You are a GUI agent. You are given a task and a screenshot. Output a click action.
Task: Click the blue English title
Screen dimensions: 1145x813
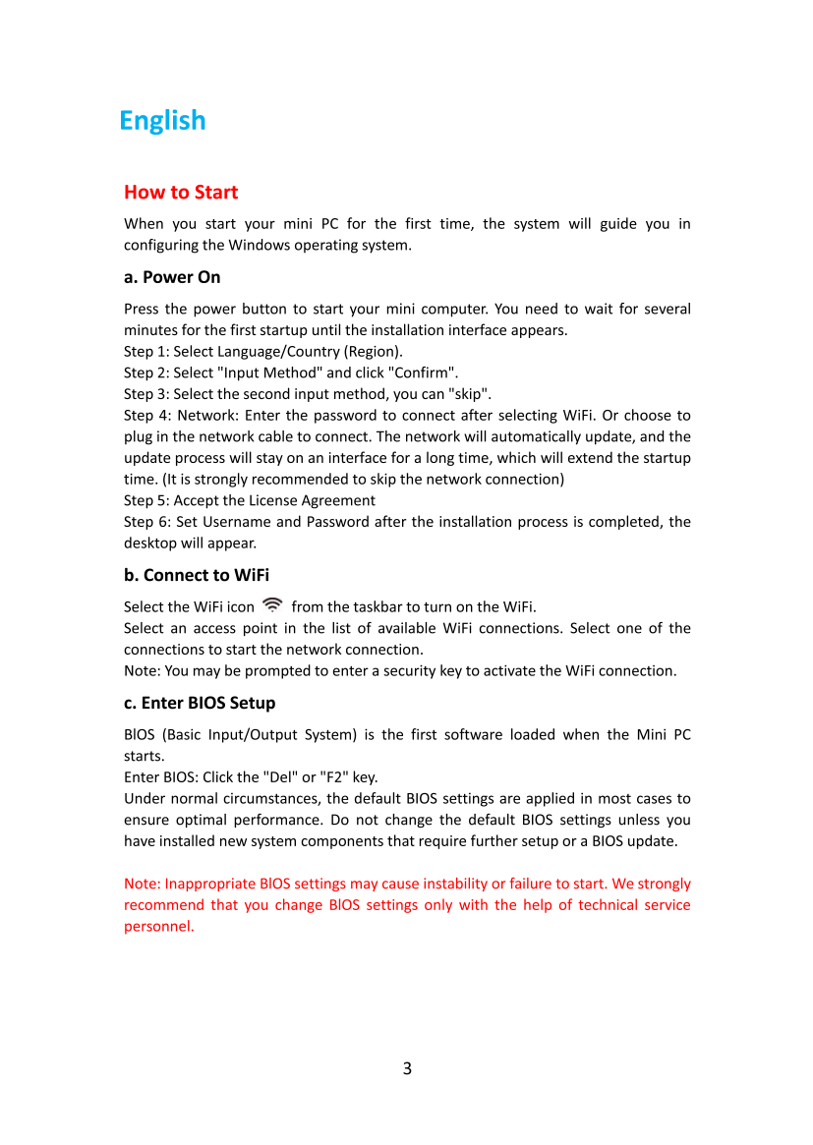[162, 121]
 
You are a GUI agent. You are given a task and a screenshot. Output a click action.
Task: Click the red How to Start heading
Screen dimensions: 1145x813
[181, 192]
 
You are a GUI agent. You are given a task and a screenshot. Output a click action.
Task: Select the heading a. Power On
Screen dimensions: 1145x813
[172, 277]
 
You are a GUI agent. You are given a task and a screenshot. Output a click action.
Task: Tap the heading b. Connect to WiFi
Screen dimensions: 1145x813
[197, 575]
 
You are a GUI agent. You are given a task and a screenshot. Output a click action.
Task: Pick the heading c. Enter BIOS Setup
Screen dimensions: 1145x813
[200, 703]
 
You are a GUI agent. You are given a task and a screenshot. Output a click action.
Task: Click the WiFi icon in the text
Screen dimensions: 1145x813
[273, 605]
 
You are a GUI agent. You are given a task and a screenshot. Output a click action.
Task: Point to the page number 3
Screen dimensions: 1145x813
[407, 1068]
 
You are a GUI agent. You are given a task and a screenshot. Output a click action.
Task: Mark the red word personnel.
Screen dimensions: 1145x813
[158, 927]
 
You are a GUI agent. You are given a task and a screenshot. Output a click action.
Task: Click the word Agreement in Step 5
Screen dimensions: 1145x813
[340, 501]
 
